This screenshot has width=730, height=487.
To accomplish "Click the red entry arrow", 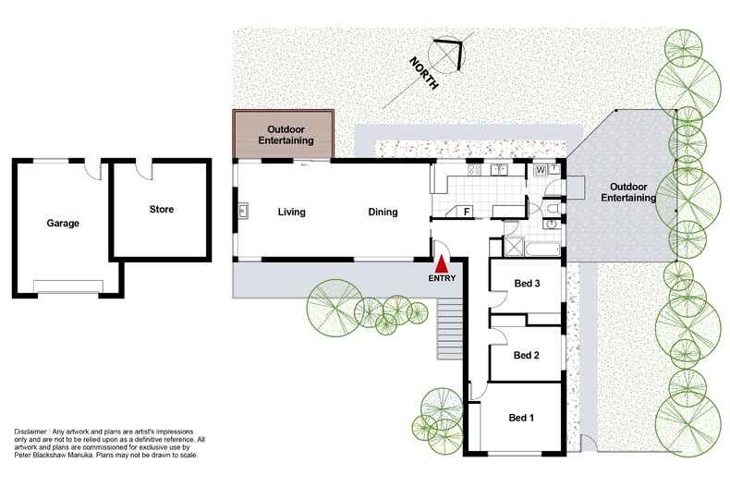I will click(x=442, y=263).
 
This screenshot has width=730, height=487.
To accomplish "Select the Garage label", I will click(x=63, y=224).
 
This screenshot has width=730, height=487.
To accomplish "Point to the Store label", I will click(x=161, y=210).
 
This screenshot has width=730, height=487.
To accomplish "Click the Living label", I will click(x=291, y=213).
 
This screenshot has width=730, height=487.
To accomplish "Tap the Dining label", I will click(x=383, y=213).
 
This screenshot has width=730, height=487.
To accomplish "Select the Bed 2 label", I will click(x=526, y=355).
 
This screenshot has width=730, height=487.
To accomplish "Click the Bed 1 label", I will click(x=522, y=418).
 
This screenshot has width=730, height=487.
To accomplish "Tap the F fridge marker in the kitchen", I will click(x=467, y=213).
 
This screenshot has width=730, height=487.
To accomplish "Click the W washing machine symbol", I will click(x=539, y=170).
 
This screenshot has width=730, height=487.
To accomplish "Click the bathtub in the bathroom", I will click(x=540, y=247).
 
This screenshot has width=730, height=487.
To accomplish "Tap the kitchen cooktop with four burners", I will click(x=475, y=170).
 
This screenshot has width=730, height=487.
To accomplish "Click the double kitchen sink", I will click(x=500, y=170).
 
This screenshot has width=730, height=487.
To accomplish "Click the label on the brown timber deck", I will click(x=283, y=135).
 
